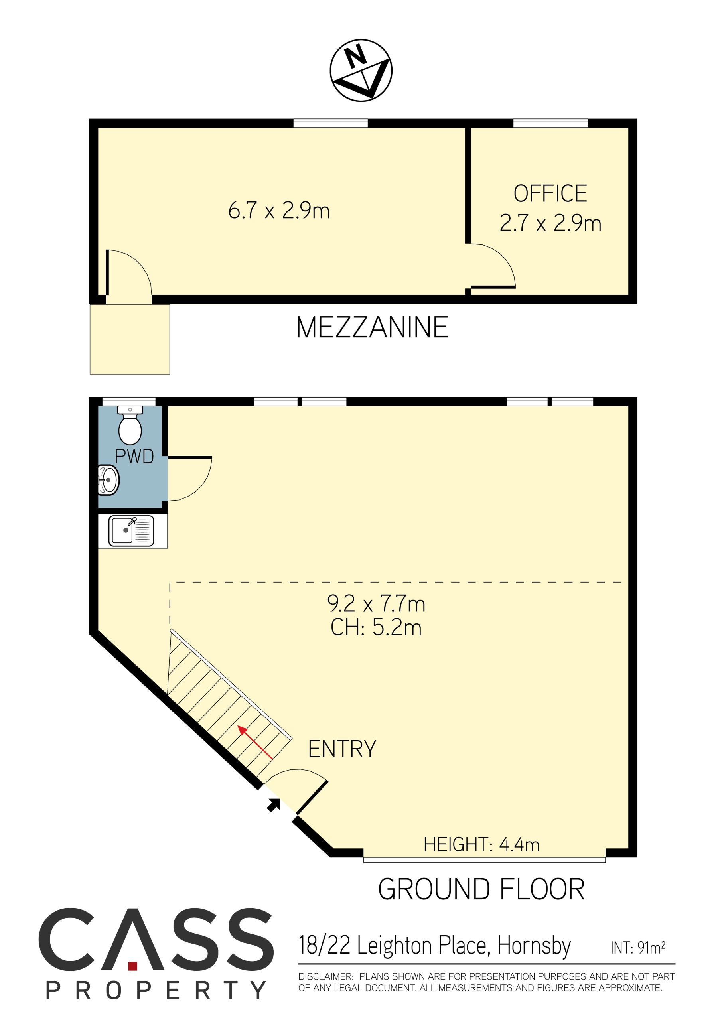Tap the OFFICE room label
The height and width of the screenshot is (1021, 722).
(x=550, y=193)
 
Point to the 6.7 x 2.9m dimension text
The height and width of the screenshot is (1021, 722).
(x=279, y=210)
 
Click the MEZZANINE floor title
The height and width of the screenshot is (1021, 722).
(x=372, y=328)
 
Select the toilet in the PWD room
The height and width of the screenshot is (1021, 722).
(x=130, y=425)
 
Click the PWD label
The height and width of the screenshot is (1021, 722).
(x=134, y=457)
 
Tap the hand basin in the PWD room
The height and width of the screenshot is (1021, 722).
(x=108, y=480)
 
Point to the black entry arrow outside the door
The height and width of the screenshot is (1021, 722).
(x=274, y=804)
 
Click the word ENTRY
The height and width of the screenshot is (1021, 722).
(x=342, y=749)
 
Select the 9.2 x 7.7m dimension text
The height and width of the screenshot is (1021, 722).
(x=376, y=604)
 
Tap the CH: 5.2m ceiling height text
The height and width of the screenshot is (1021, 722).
(x=376, y=627)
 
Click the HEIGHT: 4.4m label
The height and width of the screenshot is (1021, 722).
(x=481, y=844)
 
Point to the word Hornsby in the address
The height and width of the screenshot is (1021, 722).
(x=534, y=947)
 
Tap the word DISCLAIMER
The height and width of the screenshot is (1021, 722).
(x=325, y=977)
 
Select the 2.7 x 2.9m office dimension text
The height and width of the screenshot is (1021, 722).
(x=550, y=223)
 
